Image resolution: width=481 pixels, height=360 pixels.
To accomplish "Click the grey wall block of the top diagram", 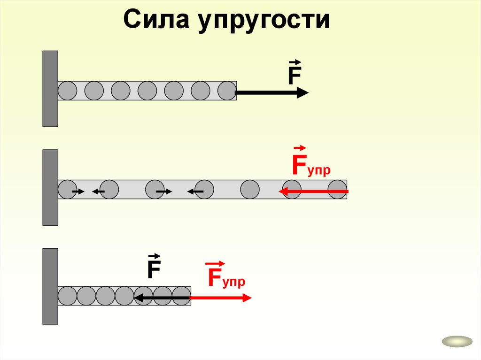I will pos(50,89).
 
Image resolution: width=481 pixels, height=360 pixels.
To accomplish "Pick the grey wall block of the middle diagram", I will pos(50,187).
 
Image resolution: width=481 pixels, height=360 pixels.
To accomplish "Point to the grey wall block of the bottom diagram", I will pos(50,286).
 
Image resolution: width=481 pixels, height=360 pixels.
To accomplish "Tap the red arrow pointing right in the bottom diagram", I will pos(220,297).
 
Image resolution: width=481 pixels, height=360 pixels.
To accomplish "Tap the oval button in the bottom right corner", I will pos(457,342).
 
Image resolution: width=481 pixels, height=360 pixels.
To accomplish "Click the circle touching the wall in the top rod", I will pos(67,91).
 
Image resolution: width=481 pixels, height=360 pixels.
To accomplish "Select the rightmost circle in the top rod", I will pos(227,91).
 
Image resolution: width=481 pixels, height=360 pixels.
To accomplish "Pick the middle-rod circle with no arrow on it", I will pos(250,190).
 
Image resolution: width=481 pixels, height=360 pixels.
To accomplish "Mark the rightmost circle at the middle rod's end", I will pos(337,190).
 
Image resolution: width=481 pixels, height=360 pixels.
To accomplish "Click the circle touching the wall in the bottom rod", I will pos(67,296).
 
